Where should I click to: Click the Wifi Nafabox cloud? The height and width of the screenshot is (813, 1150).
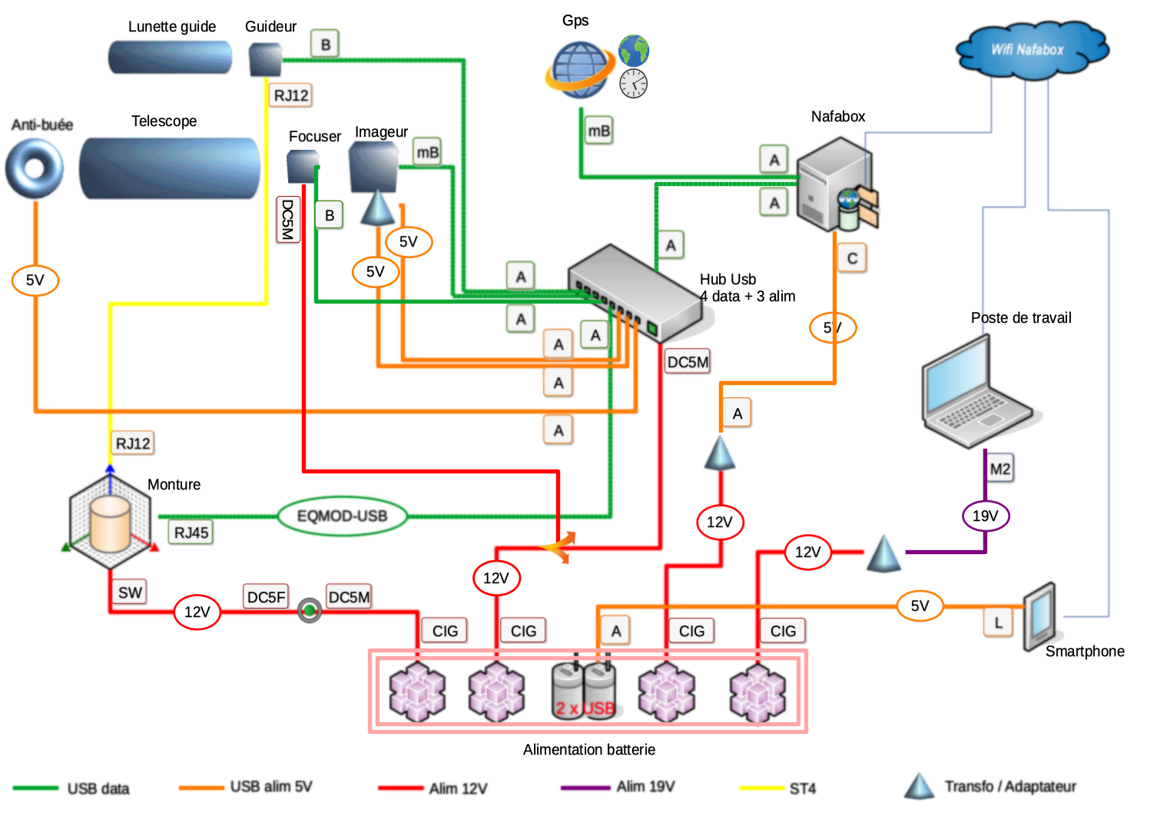click(x=1029, y=50)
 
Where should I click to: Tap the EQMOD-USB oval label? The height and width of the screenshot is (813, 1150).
click(x=342, y=516)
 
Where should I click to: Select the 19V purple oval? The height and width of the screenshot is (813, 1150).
click(x=986, y=516)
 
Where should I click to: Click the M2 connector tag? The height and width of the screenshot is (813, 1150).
click(x=999, y=469)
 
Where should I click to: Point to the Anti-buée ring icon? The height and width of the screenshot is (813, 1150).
click(x=35, y=168)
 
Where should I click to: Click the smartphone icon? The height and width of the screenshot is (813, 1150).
click(x=1040, y=616)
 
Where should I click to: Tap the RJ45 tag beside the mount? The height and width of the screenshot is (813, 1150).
click(x=191, y=533)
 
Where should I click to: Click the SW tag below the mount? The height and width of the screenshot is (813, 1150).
click(x=130, y=592)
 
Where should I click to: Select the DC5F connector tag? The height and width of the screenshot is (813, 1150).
click(x=266, y=597)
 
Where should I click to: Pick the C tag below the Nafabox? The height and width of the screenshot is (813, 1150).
click(x=852, y=258)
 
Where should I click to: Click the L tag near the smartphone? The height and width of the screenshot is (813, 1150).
click(x=998, y=622)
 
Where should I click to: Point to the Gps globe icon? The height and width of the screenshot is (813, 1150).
click(x=580, y=69)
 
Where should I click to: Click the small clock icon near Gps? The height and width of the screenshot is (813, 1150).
click(x=634, y=83)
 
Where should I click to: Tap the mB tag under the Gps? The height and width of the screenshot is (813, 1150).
click(x=598, y=131)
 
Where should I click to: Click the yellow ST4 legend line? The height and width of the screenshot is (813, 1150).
click(x=761, y=788)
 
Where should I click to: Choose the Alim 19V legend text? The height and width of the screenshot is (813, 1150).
click(x=645, y=786)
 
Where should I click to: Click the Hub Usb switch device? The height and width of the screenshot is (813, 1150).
click(x=635, y=292)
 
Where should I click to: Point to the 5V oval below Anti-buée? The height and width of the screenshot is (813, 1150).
click(x=35, y=280)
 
